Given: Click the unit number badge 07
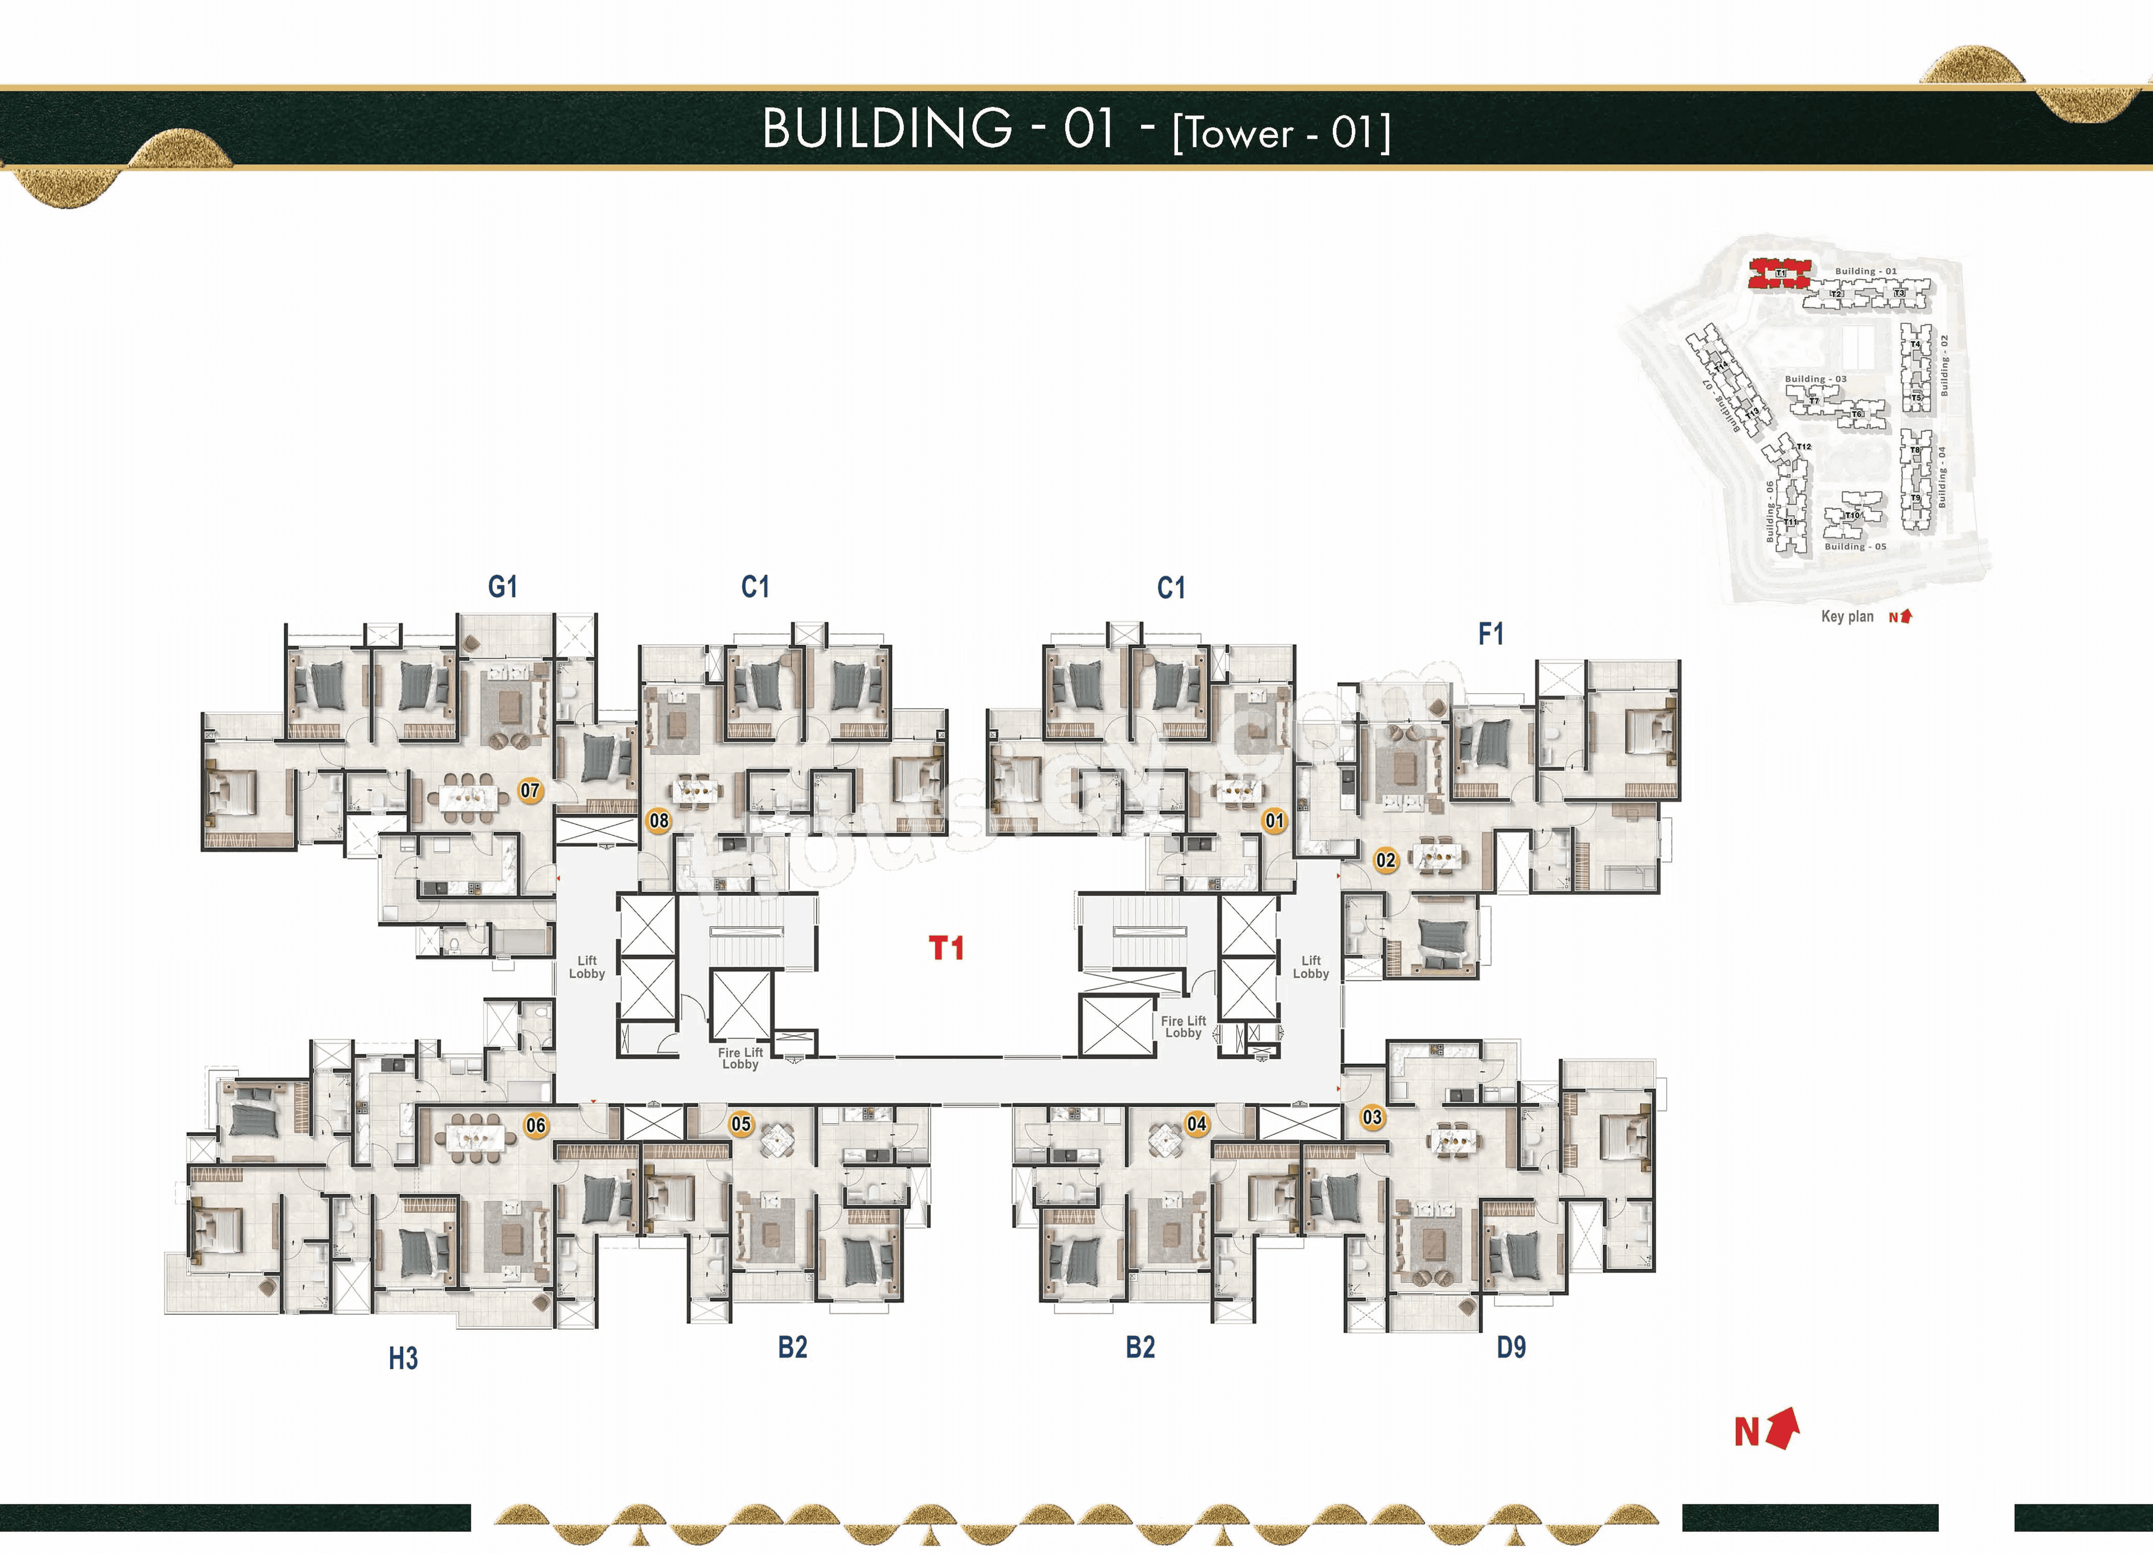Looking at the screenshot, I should pyautogui.click(x=530, y=790).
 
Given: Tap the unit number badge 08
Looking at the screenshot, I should pyautogui.click(x=659, y=820).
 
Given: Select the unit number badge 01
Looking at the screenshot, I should pyautogui.click(x=1274, y=820).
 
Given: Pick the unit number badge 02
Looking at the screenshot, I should pyautogui.click(x=1386, y=860).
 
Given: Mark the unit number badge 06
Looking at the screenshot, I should pyautogui.click(x=535, y=1125).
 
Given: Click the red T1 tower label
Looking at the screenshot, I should pyautogui.click(x=946, y=947).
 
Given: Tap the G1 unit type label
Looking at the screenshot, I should pyautogui.click(x=502, y=586).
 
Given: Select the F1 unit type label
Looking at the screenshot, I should pyautogui.click(x=1490, y=633).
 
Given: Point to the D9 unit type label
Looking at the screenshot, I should pyautogui.click(x=1510, y=1347).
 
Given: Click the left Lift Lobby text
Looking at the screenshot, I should pyautogui.click(x=586, y=967).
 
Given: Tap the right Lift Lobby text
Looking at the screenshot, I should pyautogui.click(x=1310, y=967).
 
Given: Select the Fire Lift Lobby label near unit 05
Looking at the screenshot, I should pyautogui.click(x=741, y=1057).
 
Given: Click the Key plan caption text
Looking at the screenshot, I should pyautogui.click(x=1846, y=616).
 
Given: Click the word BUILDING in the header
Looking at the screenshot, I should pyautogui.click(x=888, y=128).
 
